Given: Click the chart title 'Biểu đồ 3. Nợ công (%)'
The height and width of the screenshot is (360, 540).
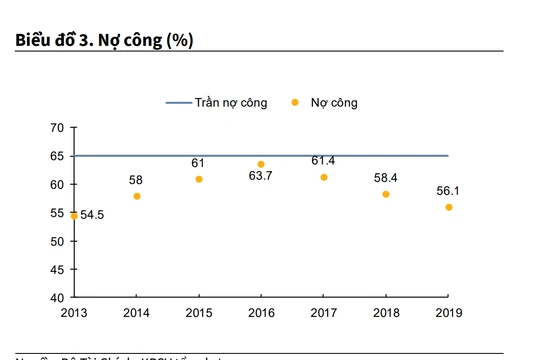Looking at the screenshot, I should (105, 40).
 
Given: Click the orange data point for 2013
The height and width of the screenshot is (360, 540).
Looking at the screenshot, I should (74, 215).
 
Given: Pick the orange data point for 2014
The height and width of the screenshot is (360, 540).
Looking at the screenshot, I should (137, 196).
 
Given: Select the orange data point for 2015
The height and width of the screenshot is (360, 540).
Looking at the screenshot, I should (199, 179).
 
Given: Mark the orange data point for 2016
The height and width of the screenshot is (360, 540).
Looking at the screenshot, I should (261, 164).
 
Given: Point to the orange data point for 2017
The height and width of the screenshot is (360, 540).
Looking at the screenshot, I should (324, 177).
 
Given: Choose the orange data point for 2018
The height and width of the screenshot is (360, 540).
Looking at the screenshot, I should (386, 194).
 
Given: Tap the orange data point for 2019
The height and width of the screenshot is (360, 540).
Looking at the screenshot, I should (448, 207).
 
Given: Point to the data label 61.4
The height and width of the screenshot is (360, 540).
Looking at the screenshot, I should (324, 160).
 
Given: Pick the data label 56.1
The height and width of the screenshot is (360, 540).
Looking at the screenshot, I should (448, 190).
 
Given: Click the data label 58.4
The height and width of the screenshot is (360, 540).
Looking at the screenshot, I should (386, 177).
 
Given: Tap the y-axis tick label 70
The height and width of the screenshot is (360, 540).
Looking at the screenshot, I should (56, 128).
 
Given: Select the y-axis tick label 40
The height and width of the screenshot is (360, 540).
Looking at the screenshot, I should (56, 298).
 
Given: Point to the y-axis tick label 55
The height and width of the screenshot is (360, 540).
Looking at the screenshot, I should (56, 213).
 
